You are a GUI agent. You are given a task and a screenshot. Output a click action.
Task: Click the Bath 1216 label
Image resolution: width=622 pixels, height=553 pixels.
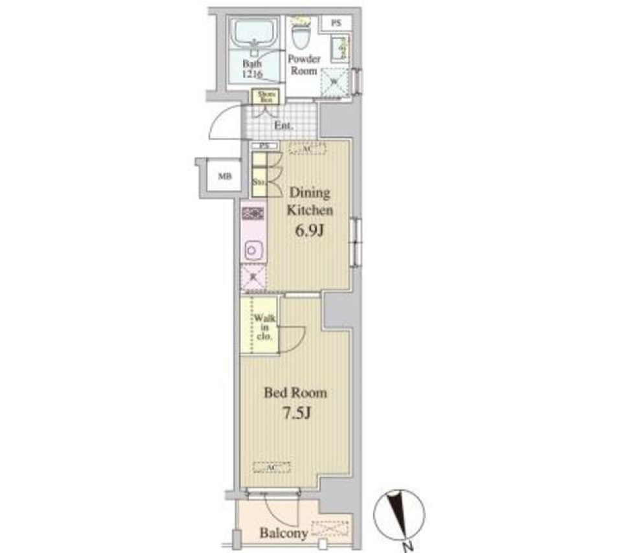[253, 68]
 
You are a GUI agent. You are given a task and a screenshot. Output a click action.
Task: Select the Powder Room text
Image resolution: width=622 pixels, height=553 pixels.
[304, 65]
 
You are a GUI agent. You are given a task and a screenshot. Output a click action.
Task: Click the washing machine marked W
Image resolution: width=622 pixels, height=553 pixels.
[334, 81]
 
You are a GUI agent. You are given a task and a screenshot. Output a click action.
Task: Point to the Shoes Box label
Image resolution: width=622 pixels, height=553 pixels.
[265, 96]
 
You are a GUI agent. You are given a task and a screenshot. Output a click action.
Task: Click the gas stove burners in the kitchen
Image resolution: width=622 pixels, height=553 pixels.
[253, 213]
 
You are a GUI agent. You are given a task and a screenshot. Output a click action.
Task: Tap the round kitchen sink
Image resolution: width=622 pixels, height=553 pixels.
[253, 249]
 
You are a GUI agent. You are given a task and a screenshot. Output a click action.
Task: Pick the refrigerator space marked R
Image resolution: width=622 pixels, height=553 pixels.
[253, 278]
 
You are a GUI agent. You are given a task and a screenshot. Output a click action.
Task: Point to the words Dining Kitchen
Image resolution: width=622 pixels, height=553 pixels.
[310, 201]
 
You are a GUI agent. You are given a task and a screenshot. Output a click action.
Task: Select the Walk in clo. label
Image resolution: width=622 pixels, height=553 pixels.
[265, 328]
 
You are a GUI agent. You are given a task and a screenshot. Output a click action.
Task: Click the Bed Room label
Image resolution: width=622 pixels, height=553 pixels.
[295, 393]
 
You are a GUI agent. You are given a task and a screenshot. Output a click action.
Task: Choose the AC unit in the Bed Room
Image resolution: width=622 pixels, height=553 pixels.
[271, 467]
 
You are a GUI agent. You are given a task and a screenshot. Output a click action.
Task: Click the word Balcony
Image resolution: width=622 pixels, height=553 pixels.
[283, 534]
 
